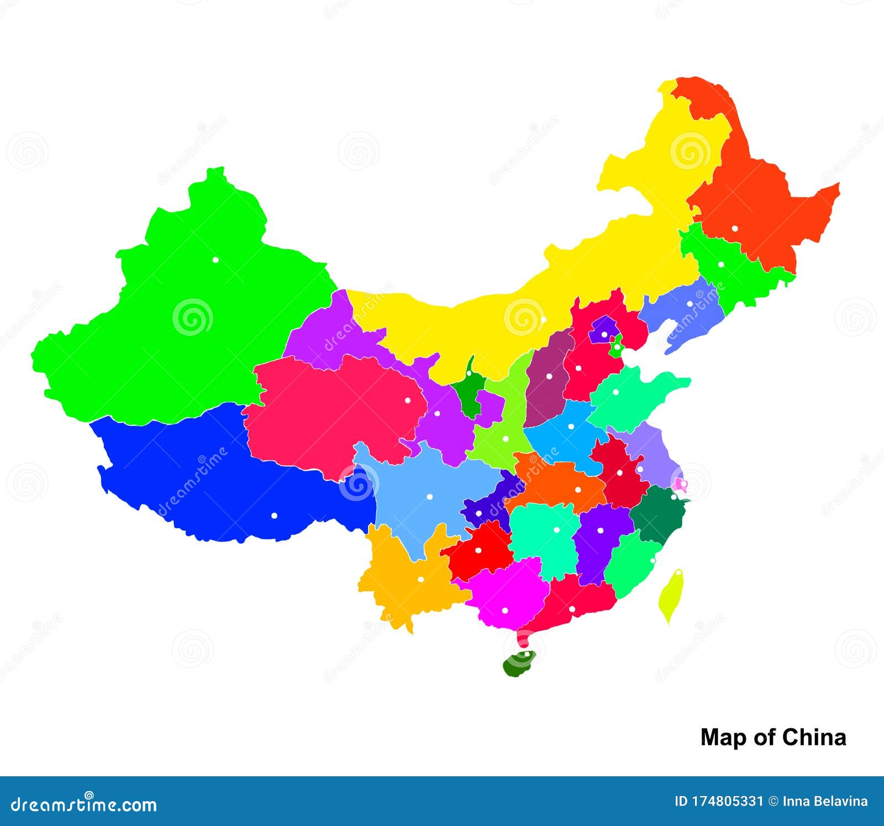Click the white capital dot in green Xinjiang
tap(215, 260)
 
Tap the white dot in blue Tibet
tap(274, 515)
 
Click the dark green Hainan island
tap(519, 664)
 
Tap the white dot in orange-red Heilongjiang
tap(735, 228)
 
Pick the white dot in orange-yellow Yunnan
tap(420, 580)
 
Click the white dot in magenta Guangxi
tap(504, 611)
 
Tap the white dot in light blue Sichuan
tap(429, 497)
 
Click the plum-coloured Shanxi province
tap(549, 381)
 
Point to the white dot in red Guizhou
tap(478, 550)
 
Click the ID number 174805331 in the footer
tap(719, 801)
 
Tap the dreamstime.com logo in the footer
tap(84, 804)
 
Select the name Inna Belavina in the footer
tap(825, 801)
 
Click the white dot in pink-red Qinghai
tap(408, 400)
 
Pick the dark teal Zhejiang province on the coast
tap(659, 514)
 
